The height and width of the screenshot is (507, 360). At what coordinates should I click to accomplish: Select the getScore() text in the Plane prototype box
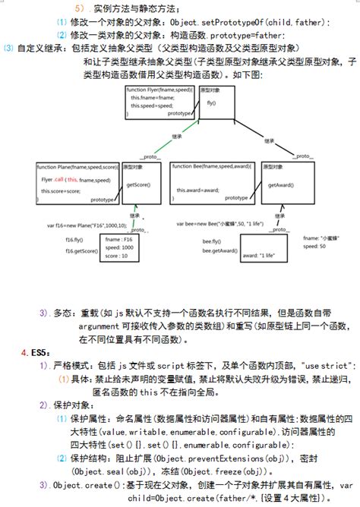coord(138,184)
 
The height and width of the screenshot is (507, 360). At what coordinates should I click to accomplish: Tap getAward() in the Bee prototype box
coord(279,184)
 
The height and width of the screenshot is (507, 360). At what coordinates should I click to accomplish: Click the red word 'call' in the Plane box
coord(59,180)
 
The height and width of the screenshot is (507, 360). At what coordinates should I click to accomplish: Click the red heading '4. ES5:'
coord(33,353)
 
